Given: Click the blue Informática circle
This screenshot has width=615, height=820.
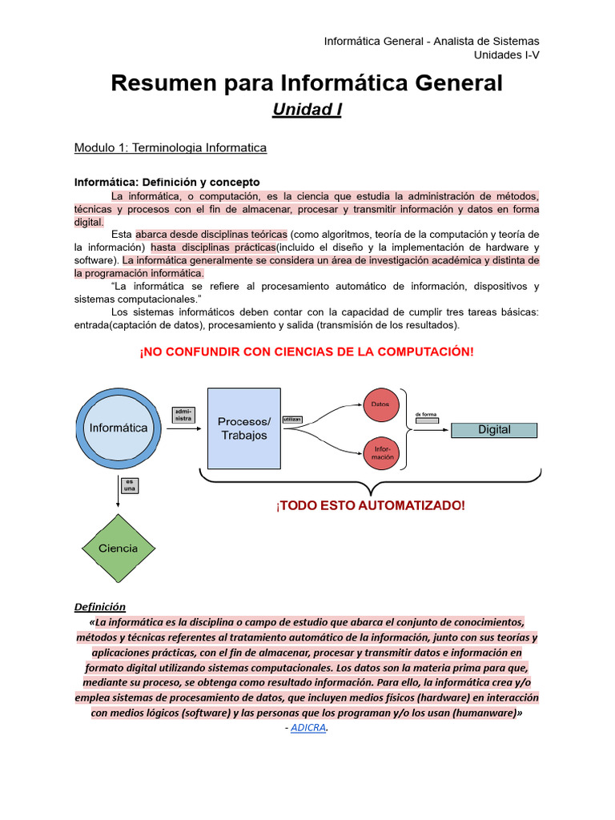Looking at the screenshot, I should (x=119, y=428).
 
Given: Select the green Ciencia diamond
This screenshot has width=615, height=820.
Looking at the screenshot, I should (x=118, y=549).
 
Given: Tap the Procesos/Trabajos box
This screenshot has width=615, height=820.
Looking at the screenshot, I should (x=244, y=428).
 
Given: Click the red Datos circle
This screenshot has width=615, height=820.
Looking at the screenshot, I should (x=380, y=405).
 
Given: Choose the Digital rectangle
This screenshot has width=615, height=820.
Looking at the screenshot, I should (x=494, y=430).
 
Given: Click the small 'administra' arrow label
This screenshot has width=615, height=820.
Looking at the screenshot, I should (x=183, y=415).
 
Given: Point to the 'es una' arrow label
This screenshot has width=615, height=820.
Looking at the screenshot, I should (x=129, y=485).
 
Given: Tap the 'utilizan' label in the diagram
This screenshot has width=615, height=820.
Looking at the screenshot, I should (x=293, y=420).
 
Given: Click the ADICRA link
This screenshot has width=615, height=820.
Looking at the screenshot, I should (x=308, y=728).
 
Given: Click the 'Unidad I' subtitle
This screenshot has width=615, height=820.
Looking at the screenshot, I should (x=307, y=110).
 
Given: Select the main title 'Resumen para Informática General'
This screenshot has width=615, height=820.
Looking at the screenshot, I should (x=307, y=82).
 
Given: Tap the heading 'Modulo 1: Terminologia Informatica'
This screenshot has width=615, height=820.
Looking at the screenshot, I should (x=171, y=148).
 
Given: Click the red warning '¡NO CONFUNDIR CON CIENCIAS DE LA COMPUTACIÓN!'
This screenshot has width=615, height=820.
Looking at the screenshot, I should (x=307, y=352).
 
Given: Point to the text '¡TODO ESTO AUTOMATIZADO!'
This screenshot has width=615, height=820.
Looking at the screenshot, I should (x=370, y=505).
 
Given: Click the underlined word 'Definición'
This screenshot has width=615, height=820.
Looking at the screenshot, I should (x=100, y=607).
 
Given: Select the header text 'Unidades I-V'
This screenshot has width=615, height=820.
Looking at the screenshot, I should (x=507, y=54).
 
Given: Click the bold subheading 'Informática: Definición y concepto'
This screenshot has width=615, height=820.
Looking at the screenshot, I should (x=167, y=183).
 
